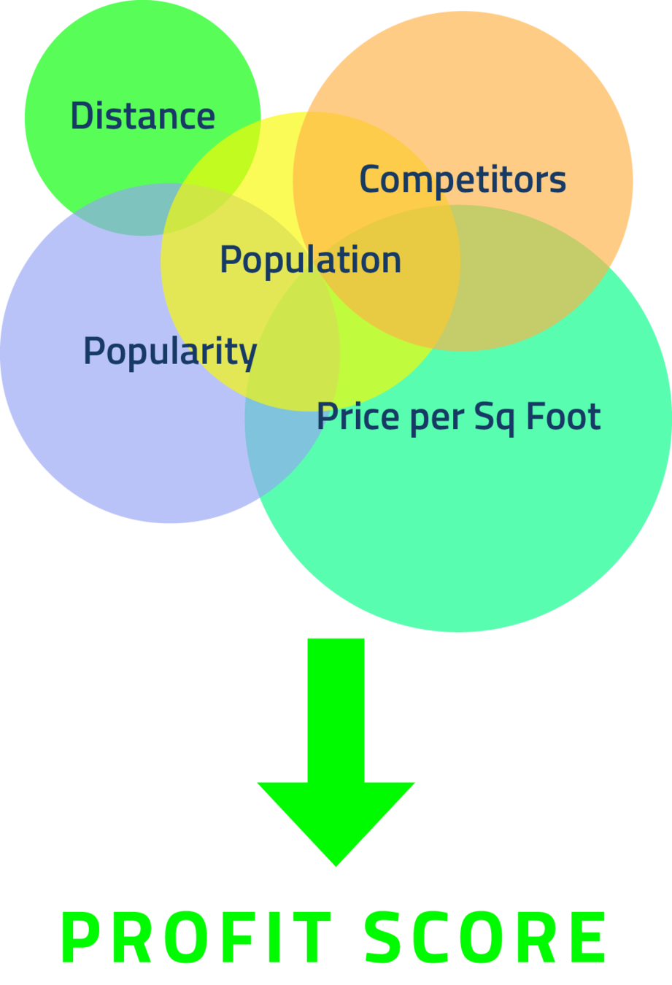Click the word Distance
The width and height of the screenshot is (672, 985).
coord(142,116)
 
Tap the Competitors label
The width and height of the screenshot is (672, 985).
coord(463,179)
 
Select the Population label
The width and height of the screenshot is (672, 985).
coord(310,260)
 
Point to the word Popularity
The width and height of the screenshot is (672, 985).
coord(169,351)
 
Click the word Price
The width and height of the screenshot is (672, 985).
coord(358,416)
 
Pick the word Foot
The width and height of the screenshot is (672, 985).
coord(563,416)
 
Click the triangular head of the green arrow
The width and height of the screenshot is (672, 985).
coord(336,817)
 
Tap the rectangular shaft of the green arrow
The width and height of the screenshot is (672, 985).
coord(336,708)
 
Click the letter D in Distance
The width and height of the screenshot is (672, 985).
coord(82,116)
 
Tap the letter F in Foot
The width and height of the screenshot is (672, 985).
coord(534,416)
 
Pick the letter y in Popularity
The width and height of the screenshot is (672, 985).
coord(249,355)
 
